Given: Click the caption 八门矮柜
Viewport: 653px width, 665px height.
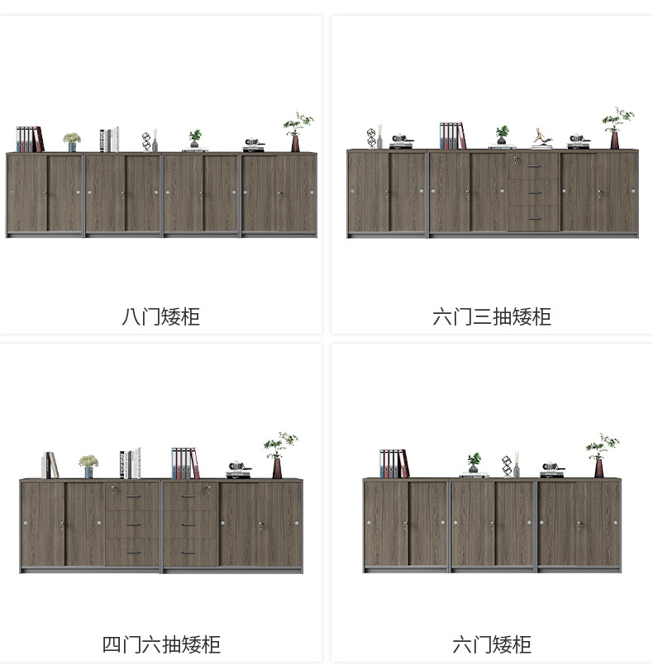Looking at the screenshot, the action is (161, 316).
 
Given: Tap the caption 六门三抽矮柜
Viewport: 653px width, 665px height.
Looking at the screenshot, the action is (492, 316).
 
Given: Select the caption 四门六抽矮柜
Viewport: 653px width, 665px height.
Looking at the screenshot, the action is (161, 644).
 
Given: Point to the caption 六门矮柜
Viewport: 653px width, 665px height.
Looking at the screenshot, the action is (492, 644).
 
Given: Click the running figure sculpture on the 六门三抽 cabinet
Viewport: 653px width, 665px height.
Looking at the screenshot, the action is (541, 138).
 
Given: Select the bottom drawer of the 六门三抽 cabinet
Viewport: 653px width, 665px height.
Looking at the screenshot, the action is (533, 219).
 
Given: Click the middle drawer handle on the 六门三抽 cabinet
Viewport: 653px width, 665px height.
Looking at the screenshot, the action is (533, 192).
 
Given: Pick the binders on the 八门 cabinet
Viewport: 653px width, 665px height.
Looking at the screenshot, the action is (29, 139).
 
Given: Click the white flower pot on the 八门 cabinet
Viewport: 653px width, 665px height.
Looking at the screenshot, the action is (72, 142).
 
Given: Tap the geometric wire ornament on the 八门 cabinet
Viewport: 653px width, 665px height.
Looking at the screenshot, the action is (147, 140).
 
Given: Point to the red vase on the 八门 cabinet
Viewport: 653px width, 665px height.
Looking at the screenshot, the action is (295, 142).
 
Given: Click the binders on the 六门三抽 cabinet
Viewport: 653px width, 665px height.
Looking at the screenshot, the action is (451, 135).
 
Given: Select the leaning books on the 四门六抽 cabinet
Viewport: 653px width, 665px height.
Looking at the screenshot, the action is (50, 465).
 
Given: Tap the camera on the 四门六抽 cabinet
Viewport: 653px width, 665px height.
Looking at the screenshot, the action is (239, 468).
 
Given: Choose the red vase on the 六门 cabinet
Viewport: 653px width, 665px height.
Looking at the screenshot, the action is (598, 467).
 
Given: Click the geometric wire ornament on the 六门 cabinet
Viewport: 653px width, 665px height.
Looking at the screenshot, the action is (507, 466).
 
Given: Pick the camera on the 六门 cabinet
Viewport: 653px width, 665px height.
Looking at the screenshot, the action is (551, 468).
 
